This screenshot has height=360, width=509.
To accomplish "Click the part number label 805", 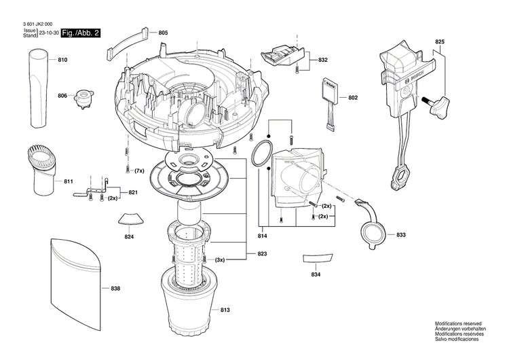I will (164, 33).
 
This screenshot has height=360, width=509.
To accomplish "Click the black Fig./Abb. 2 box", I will (80, 33).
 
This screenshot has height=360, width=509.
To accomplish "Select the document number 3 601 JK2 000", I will (35, 23).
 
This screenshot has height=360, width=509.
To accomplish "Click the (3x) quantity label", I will (220, 260).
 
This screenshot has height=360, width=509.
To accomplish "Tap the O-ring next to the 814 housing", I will (261, 154).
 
